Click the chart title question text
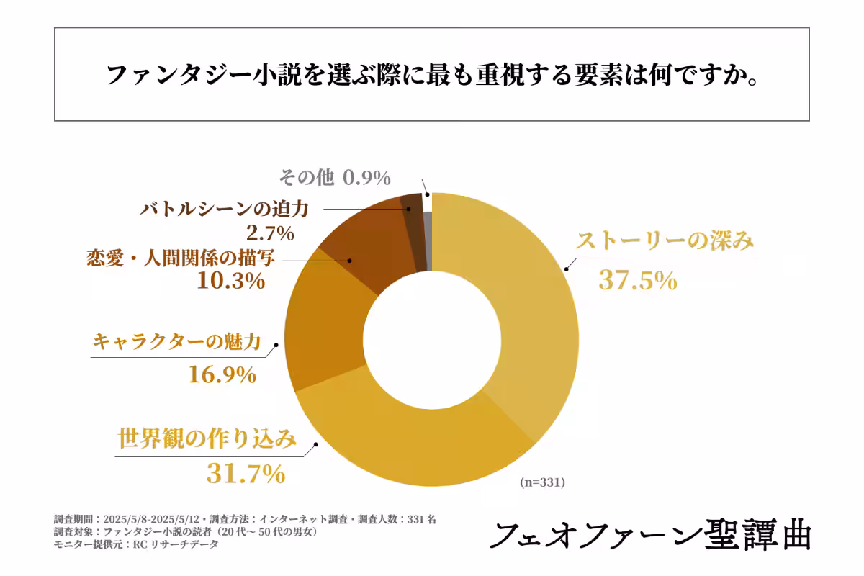point(431,75)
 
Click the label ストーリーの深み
point(666,241)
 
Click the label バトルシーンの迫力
point(224,210)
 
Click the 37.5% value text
point(638,280)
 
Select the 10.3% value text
point(230,280)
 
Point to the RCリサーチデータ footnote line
point(136,545)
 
